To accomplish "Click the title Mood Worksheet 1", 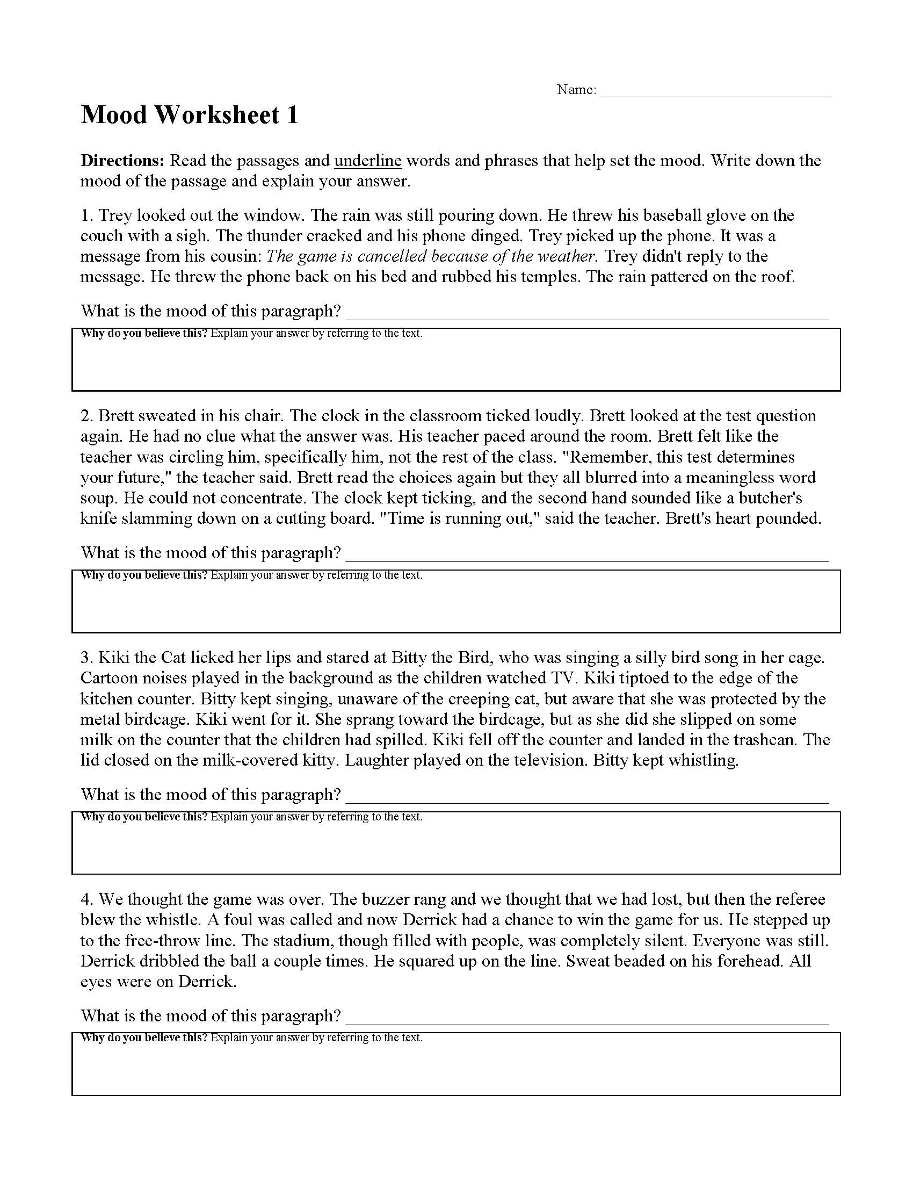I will coord(189,116).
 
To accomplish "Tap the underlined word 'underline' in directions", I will coord(368,161).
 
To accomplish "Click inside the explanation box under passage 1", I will coord(456,365).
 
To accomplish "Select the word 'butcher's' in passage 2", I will coord(771,498).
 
